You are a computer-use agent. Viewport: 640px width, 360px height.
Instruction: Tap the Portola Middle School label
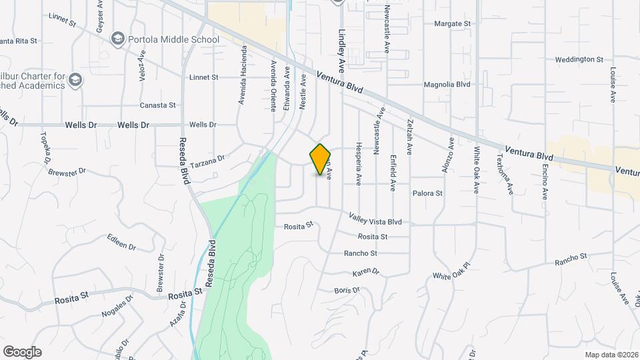173,39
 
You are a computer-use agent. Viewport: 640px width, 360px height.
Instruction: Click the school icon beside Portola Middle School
119,39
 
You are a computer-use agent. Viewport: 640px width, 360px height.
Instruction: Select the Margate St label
452,23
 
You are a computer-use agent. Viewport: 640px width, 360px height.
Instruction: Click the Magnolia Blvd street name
447,85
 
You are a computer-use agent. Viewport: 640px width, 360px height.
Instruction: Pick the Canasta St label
157,105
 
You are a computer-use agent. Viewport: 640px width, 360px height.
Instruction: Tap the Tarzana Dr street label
208,159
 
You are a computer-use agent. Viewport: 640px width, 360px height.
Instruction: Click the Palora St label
427,193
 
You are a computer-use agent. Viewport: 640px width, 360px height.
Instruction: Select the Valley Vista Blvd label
375,218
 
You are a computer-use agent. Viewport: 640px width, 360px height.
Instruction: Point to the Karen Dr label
365,273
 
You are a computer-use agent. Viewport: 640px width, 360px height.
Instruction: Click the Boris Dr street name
347,290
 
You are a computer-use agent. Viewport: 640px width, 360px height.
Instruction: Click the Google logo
22,352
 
